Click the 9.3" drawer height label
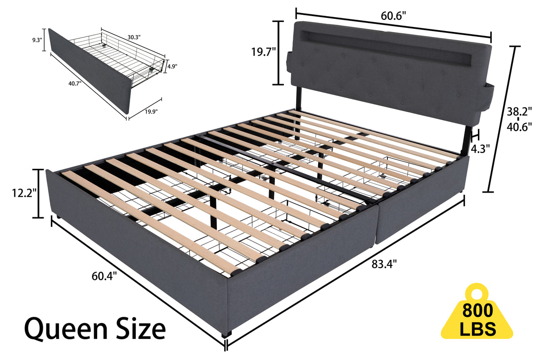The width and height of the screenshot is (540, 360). [37, 39]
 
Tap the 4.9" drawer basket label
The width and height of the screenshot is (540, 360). [172, 66]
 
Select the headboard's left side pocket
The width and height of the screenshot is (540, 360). [289, 58]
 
